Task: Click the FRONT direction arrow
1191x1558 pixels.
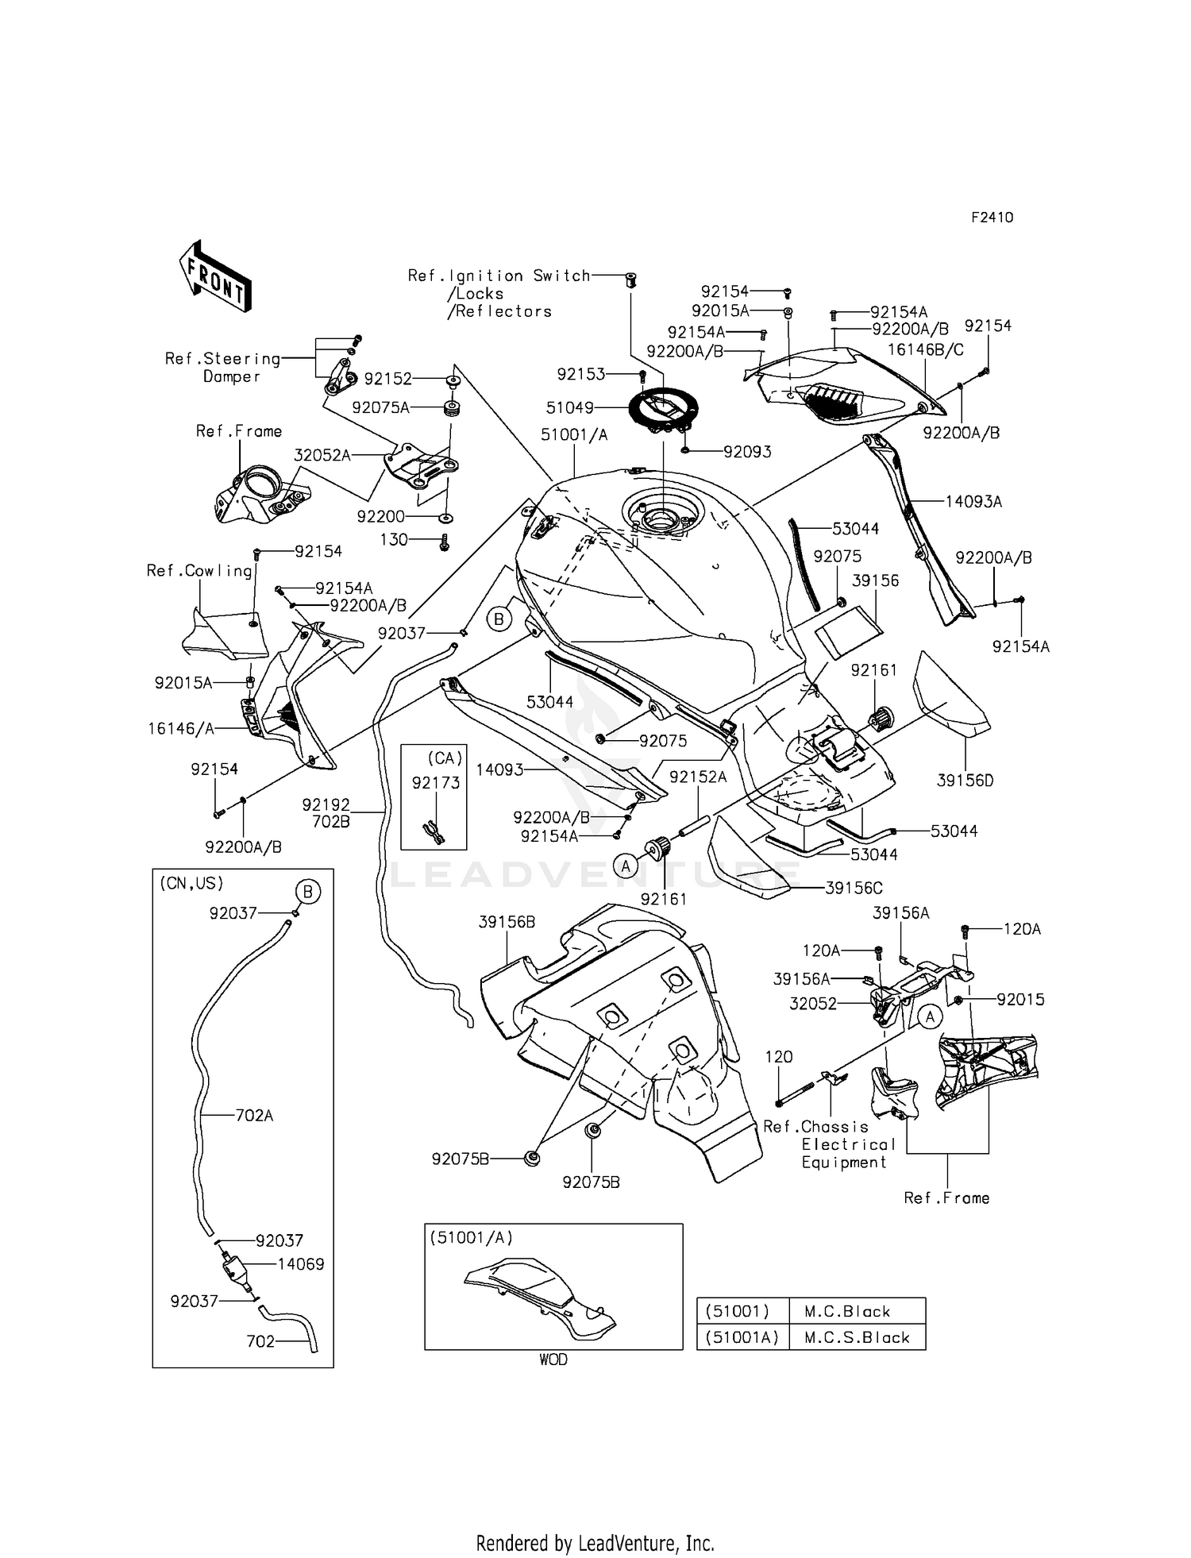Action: pos(215,276)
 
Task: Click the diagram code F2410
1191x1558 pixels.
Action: pos(992,218)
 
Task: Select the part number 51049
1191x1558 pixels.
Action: pos(569,408)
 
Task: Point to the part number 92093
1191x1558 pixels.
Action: pos(747,452)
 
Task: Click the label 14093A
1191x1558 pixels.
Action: pos(973,502)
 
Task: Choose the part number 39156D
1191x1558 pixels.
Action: pos(965,781)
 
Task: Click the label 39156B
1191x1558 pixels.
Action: pos(507,922)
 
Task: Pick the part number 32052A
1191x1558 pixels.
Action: pos(322,455)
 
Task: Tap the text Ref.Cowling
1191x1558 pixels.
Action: pos(199,571)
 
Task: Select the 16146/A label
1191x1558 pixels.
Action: pos(181,728)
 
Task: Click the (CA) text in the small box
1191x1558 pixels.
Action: pos(445,758)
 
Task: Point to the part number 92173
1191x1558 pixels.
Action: pos(436,783)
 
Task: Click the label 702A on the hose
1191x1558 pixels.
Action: pos(254,1116)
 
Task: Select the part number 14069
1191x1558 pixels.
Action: pos(301,1264)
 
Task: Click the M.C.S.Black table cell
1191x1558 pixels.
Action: pos(857,1337)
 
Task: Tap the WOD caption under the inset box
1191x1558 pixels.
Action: pos(553,1359)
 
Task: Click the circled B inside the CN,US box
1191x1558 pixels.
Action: pos(307,892)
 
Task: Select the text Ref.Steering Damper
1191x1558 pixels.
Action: pos(222,368)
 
